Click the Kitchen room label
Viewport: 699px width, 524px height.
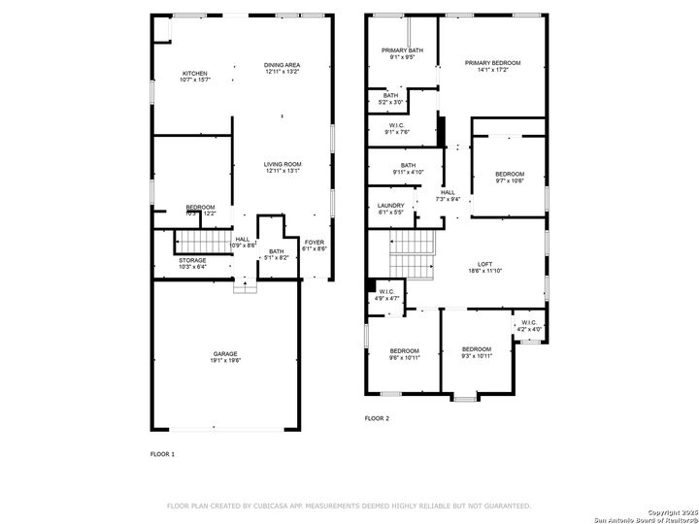pyautogui.click(x=195, y=76)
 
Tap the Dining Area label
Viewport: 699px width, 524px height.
pyautogui.click(x=282, y=67)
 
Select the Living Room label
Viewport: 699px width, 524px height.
pyautogui.click(x=283, y=167)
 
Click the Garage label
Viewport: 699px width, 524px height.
pyautogui.click(x=225, y=356)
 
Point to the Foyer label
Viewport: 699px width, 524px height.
pyautogui.click(x=315, y=245)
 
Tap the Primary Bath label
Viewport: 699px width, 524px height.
pyautogui.click(x=402, y=52)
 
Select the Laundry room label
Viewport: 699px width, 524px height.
pyautogui.click(x=390, y=209)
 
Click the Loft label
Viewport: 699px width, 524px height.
pyautogui.click(x=484, y=267)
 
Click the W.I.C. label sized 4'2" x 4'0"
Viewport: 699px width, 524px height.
pyautogui.click(x=529, y=326)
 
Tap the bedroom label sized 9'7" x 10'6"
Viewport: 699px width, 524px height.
pyautogui.click(x=510, y=177)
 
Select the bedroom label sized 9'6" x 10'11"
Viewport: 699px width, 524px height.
pyautogui.click(x=405, y=353)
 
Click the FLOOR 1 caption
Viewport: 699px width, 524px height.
pyautogui.click(x=162, y=453)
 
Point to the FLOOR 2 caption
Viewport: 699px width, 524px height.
pyautogui.click(x=377, y=418)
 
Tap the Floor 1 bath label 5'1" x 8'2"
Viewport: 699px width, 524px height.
pyautogui.click(x=277, y=255)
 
